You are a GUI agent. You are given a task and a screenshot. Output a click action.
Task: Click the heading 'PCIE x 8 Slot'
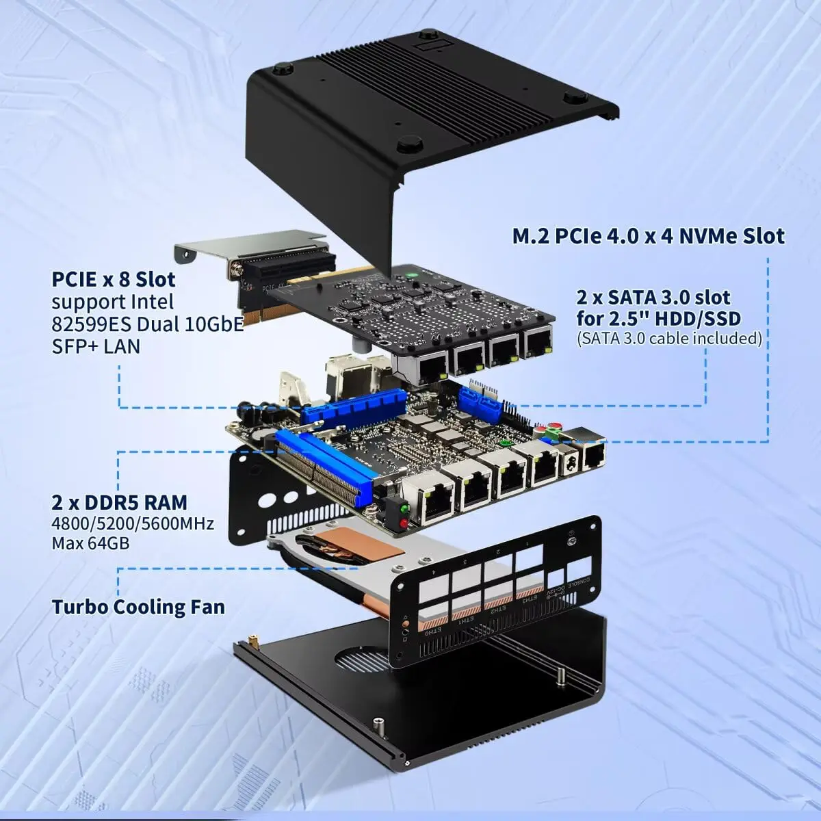(114, 279)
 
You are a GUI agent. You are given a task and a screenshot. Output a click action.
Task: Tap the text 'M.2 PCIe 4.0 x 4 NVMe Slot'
(649, 236)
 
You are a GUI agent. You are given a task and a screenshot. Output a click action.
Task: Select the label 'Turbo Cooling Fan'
(138, 607)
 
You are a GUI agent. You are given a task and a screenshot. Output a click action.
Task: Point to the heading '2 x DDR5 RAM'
(119, 503)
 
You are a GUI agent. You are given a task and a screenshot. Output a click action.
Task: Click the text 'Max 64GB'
(90, 544)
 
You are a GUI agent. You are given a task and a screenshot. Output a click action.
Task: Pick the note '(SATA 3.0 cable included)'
(669, 338)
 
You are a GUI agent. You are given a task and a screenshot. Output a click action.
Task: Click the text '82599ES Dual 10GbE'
(148, 324)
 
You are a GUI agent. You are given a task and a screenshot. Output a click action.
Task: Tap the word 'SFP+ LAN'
(96, 346)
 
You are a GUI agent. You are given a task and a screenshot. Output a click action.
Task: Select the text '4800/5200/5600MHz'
(133, 524)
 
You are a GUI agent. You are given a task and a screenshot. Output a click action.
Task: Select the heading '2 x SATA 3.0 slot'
(653, 298)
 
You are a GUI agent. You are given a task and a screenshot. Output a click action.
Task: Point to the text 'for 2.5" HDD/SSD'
(659, 318)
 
